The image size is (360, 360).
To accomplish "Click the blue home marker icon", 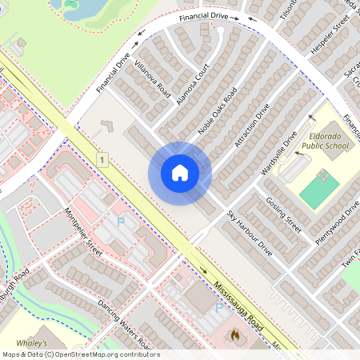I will coord(180,173).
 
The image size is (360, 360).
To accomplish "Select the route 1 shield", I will coord(102,160).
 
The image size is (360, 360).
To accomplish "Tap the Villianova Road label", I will coord(151,78).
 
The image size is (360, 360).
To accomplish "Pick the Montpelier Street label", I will coord(82,233).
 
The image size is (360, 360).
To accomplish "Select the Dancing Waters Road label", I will coord(118,316).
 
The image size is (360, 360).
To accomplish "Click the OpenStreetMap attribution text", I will coord(81,354).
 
